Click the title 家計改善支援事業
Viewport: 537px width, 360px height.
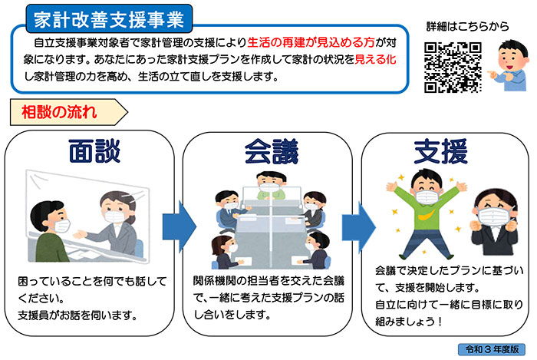(109, 19)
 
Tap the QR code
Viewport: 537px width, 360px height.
(453, 68)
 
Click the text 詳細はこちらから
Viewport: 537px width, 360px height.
(467, 26)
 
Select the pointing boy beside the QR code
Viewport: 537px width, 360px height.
(509, 65)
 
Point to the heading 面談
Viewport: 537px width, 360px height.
(94, 150)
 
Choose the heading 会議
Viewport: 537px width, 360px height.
(272, 151)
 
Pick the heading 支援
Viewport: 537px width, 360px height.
(441, 151)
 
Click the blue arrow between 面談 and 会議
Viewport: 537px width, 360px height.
(179, 226)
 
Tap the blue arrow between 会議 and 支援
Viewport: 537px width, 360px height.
(358, 227)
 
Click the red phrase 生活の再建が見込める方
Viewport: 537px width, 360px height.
(311, 42)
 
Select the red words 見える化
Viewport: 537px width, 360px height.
(375, 59)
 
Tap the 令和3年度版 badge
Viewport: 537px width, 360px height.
(492, 349)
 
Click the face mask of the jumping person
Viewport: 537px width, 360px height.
(427, 197)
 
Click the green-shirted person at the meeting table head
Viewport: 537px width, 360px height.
(271, 186)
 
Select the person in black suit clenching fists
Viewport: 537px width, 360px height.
(494, 222)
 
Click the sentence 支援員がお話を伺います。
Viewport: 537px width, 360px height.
(77, 315)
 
